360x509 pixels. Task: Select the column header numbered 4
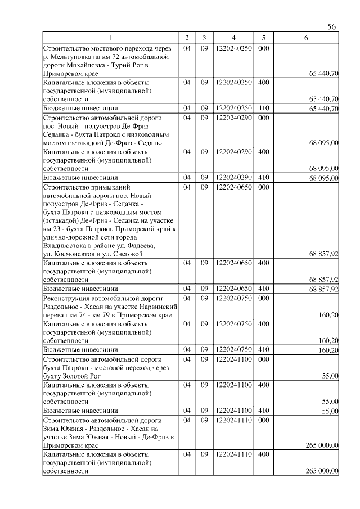coord(233,38)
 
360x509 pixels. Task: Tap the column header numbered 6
coord(305,38)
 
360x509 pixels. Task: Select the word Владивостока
coord(65,246)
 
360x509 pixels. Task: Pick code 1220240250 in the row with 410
coord(233,108)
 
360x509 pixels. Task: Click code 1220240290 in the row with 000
coord(233,118)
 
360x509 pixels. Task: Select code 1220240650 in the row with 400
coord(233,263)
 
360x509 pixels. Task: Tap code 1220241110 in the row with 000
coord(233,420)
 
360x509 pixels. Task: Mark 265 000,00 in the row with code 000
coord(321,445)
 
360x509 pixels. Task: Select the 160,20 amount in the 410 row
coord(328,350)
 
